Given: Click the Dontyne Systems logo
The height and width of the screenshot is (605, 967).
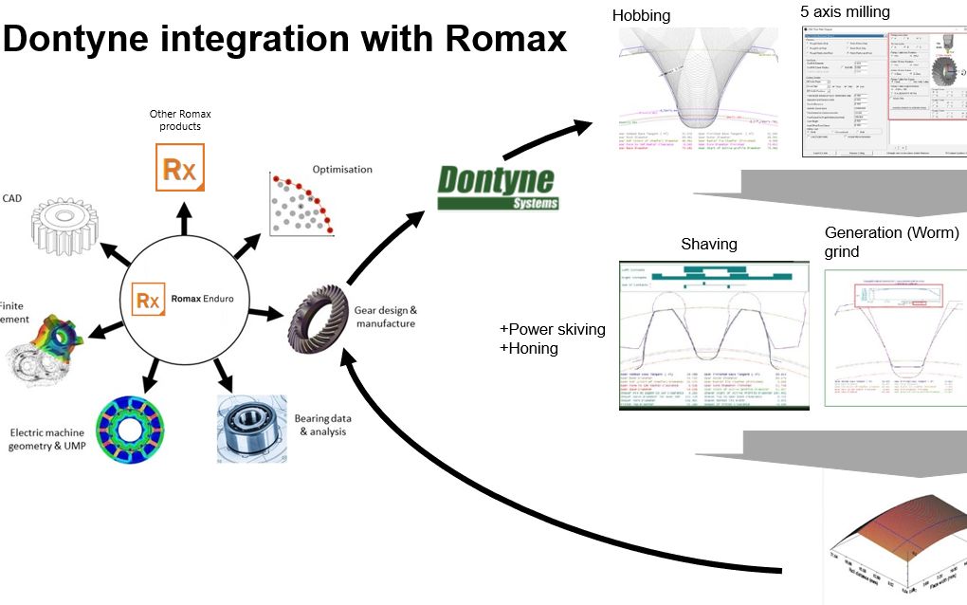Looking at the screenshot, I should click(x=498, y=187).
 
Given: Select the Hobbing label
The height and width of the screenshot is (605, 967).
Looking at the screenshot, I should click(x=641, y=15).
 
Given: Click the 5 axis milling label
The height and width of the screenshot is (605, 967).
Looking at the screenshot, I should click(x=845, y=11).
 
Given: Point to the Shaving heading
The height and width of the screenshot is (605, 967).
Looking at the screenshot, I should click(x=708, y=244).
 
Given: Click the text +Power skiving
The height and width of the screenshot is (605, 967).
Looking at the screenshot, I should click(x=552, y=329).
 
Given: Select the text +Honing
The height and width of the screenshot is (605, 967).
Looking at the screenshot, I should click(x=529, y=348).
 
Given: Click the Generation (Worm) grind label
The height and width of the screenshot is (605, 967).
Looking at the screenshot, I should click(x=891, y=242).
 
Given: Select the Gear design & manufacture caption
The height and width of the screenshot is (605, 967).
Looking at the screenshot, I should click(x=386, y=317).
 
